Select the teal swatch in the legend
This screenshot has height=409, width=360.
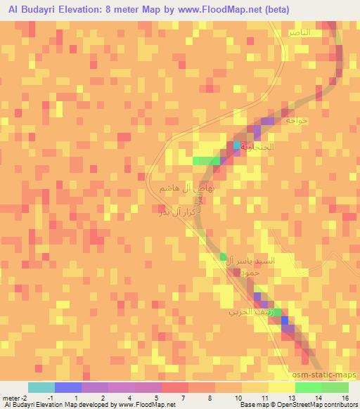click(41, 387)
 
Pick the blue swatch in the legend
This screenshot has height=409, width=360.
click(68, 387)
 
